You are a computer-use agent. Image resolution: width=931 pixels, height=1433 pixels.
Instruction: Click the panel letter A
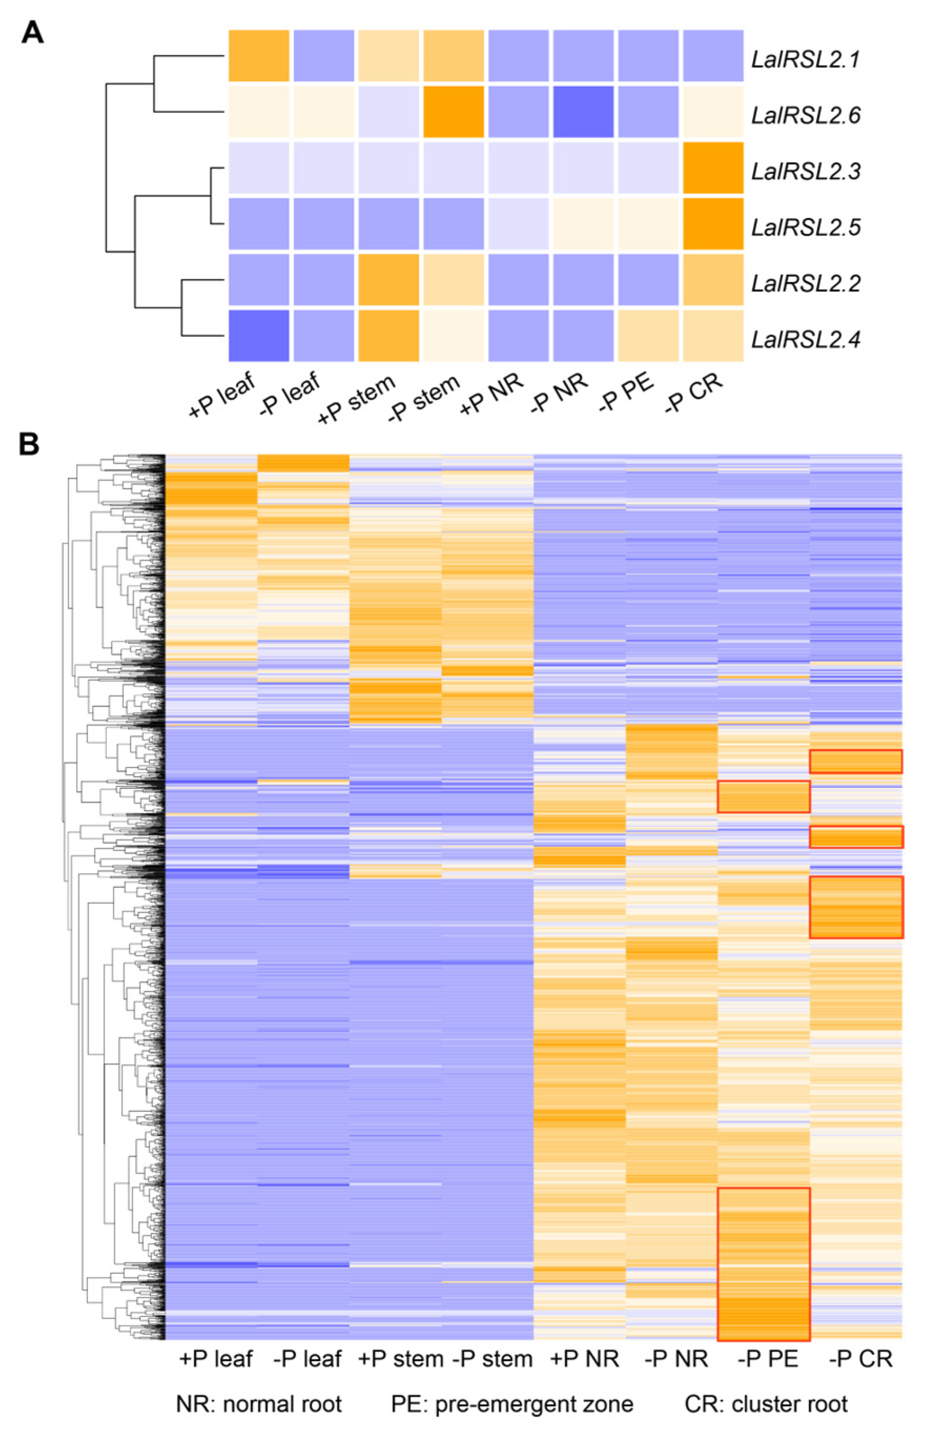(33, 33)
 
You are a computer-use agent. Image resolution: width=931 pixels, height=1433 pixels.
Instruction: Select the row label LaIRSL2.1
(805, 59)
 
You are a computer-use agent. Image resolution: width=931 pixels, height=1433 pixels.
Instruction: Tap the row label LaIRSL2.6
(805, 115)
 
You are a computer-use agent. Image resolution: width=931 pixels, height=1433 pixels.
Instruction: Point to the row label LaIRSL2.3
(805, 171)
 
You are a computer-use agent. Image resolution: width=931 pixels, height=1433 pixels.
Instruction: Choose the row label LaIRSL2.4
(805, 339)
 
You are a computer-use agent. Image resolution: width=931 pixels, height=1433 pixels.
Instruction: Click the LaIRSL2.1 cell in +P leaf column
(259, 55)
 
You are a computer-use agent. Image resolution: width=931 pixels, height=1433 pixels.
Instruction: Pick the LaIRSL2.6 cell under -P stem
(453, 111)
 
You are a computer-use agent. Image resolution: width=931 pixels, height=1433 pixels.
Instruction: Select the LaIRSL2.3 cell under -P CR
(713, 168)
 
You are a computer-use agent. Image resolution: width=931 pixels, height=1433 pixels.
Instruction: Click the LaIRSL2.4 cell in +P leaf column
(259, 335)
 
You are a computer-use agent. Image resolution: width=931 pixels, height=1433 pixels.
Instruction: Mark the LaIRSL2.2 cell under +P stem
(388, 279)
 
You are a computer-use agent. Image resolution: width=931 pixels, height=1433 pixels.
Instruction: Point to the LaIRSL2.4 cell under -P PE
(648, 335)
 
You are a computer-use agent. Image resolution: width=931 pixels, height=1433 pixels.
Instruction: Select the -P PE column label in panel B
(767, 1359)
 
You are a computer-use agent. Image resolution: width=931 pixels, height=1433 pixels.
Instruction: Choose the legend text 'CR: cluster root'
(766, 1404)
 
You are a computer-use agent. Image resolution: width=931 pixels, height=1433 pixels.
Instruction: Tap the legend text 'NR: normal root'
(259, 1404)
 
